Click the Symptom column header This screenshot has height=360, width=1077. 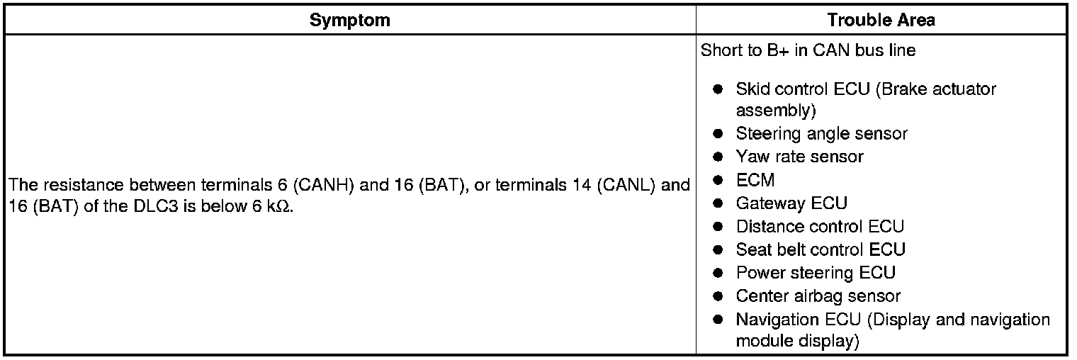349,20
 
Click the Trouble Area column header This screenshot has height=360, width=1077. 881,20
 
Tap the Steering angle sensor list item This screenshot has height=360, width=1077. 821,133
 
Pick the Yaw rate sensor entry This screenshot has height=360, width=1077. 799,157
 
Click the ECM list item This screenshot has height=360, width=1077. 755,180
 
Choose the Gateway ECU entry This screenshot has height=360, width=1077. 791,203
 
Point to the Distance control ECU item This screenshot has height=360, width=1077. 820,227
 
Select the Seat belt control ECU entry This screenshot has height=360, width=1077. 821,250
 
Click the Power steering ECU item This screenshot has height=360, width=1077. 816,273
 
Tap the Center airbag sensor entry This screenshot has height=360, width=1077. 818,296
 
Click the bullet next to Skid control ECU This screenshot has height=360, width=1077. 718,90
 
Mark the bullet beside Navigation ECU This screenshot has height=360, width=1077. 718,320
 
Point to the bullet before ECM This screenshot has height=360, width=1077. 718,180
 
